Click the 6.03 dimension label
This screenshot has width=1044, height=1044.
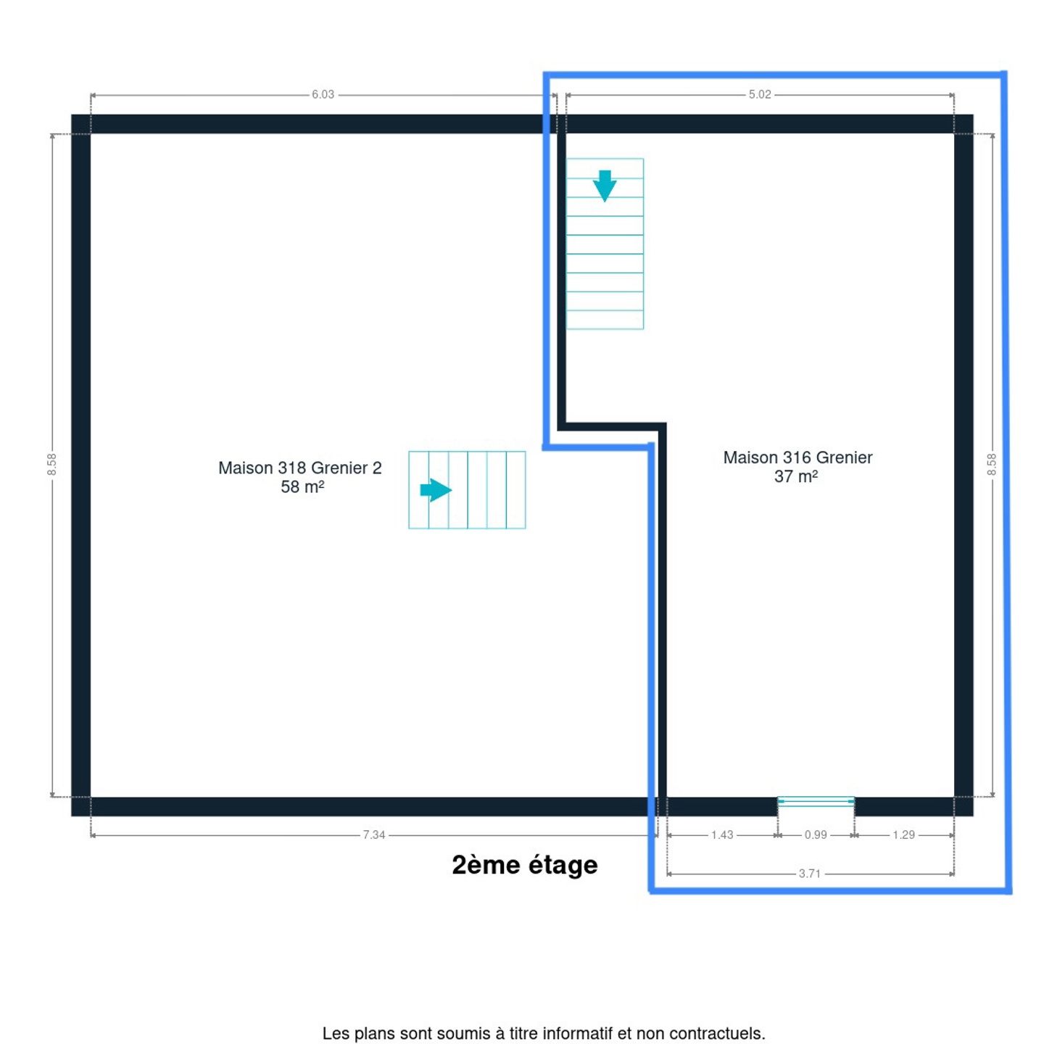(x=323, y=95)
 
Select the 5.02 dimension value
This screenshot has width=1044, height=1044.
(x=759, y=95)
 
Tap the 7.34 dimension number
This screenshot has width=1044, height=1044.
(x=374, y=835)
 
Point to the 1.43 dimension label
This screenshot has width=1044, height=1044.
(x=721, y=835)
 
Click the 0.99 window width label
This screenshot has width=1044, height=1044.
(x=815, y=835)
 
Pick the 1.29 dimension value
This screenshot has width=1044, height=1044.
(x=903, y=835)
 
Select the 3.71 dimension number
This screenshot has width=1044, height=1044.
(x=809, y=874)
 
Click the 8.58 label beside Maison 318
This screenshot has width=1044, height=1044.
(x=52, y=464)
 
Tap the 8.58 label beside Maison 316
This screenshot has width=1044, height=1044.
(x=991, y=464)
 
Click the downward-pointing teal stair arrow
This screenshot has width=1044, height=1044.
(x=604, y=186)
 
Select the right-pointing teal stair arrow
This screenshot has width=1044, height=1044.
(x=436, y=490)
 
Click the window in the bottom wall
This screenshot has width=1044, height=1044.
(x=816, y=801)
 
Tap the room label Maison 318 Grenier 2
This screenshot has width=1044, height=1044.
(x=299, y=468)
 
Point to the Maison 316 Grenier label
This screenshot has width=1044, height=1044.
(x=797, y=457)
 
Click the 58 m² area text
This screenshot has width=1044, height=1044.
(x=302, y=486)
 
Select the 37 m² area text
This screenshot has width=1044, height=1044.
(x=795, y=476)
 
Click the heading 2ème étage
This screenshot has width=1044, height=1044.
(x=524, y=865)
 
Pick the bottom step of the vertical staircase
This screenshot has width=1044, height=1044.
(x=604, y=320)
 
